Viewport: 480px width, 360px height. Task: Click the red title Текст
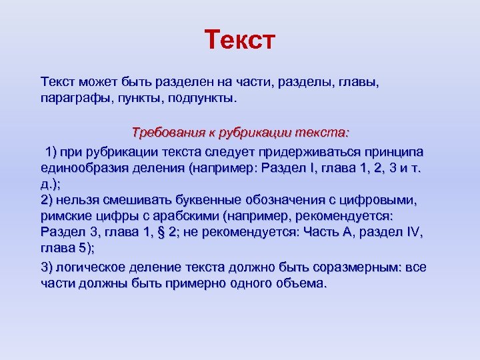coord(239,40)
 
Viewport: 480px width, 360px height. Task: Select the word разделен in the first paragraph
coord(184,83)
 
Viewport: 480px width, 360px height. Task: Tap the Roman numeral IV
coord(414,231)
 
